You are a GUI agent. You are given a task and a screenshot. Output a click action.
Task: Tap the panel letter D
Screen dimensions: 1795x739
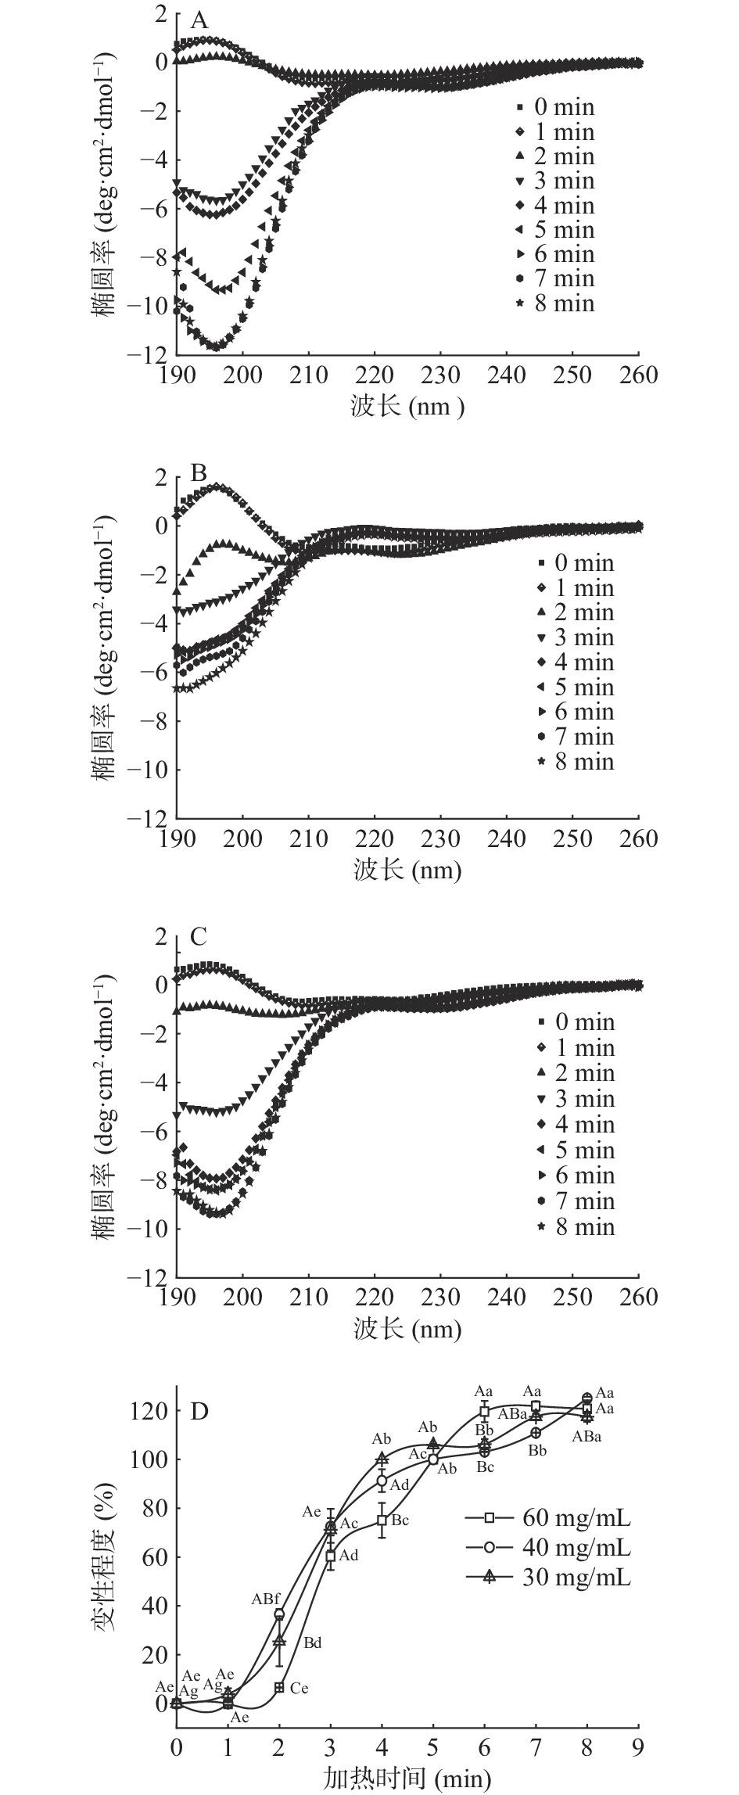[x=200, y=1412]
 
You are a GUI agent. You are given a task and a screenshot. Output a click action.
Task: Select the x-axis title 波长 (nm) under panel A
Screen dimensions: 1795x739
[x=407, y=406]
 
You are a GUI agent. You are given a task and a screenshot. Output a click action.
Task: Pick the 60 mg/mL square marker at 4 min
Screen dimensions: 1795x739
[x=382, y=1520]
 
